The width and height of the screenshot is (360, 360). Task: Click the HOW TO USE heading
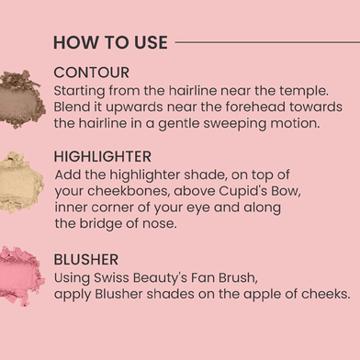(110, 42)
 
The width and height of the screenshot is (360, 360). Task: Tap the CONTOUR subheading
(91, 73)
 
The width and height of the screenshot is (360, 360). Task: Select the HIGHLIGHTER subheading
(103, 157)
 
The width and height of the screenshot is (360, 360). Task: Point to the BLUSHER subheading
(86, 260)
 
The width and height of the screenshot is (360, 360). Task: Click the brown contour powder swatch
(21, 99)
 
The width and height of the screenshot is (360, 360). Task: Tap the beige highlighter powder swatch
(21, 183)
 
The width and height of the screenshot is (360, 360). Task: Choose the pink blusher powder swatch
(21, 276)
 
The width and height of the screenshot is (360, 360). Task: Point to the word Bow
(290, 191)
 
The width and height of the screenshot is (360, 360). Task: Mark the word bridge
(100, 224)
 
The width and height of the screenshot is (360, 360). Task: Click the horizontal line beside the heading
(267, 42)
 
